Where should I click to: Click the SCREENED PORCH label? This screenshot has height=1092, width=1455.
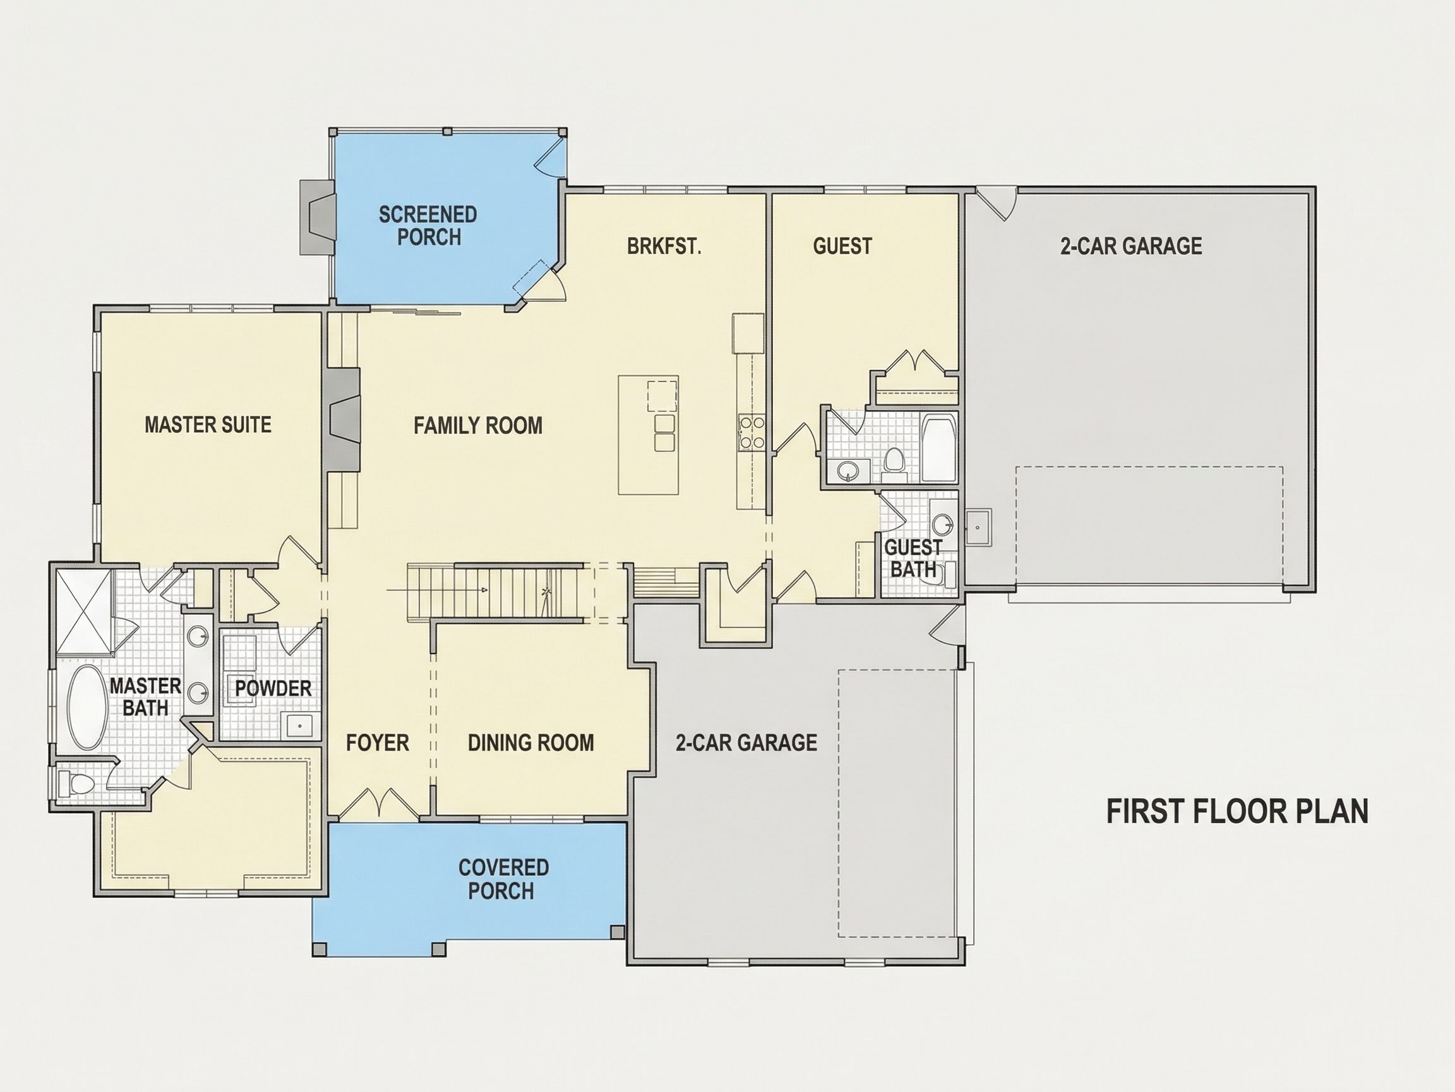coord(428,226)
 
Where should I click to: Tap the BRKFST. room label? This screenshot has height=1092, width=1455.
coord(664,246)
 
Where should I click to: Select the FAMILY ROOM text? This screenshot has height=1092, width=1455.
coord(478,426)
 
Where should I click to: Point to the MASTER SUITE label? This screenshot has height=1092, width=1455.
coord(208,425)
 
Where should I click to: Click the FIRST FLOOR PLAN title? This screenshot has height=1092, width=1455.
coord(1237,811)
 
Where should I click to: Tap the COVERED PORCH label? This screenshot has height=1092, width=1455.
coord(503,880)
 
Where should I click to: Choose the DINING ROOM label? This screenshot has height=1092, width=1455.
coord(531,743)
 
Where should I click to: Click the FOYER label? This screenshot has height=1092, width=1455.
coord(378,743)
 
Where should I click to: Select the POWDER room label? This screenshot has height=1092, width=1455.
coord(273,689)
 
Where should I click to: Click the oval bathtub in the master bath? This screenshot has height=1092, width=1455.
coord(88,708)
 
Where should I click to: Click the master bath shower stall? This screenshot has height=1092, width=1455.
coord(83,612)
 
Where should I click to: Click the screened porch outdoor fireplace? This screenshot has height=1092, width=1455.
coord(317,217)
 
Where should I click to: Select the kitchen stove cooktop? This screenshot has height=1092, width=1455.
coord(751,432)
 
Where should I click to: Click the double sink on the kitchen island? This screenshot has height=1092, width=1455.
coord(665,432)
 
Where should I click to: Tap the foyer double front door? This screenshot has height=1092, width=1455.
coord(378,804)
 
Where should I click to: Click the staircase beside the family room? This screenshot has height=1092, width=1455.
coord(495,591)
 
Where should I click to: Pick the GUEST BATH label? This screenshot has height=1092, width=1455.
coord(913,558)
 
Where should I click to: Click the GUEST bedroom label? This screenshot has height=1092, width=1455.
coord(842,246)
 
